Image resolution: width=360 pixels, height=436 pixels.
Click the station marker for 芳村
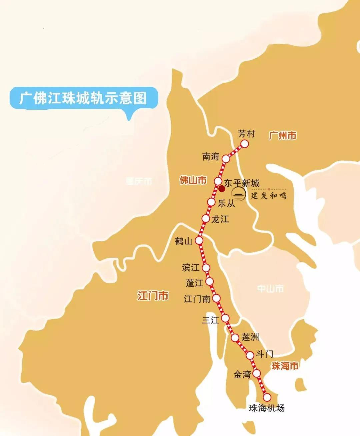[x=245, y=144]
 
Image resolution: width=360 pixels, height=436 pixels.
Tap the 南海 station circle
[x=226, y=159]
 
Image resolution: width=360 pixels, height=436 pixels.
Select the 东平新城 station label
[x=242, y=183]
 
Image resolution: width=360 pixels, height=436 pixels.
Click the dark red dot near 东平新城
[x=222, y=189]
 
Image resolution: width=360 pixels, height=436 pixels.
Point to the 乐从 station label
[x=226, y=203]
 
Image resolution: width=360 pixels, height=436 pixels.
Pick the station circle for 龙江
[x=206, y=219]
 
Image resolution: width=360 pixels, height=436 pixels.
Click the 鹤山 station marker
[x=199, y=240]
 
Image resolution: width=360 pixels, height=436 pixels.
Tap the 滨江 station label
[x=191, y=267]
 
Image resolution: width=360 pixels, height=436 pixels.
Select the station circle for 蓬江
[x=210, y=282]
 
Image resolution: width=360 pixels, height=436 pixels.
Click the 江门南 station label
[x=197, y=299]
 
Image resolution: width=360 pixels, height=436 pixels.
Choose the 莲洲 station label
[x=250, y=337]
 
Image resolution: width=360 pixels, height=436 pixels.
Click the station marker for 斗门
[x=250, y=355]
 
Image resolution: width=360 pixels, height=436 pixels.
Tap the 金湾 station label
[x=242, y=374]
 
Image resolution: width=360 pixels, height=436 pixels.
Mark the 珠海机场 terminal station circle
[x=267, y=397]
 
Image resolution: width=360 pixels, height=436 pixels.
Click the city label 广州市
[x=283, y=136]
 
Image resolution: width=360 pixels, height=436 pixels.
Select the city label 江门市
[x=153, y=296]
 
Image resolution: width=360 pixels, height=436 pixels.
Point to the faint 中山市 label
[x=270, y=289]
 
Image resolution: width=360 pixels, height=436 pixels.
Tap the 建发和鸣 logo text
[x=269, y=195]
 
